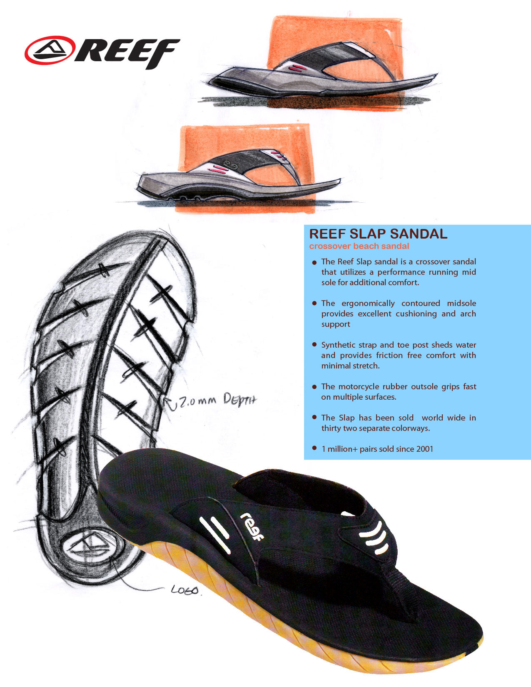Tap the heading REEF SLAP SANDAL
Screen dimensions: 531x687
pos(378,234)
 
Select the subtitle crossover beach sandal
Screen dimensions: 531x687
pos(359,246)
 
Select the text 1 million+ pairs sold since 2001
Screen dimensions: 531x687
pos(377,449)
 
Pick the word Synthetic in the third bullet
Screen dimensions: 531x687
pos(336,345)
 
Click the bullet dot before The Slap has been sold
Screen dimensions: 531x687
pos(314,417)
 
